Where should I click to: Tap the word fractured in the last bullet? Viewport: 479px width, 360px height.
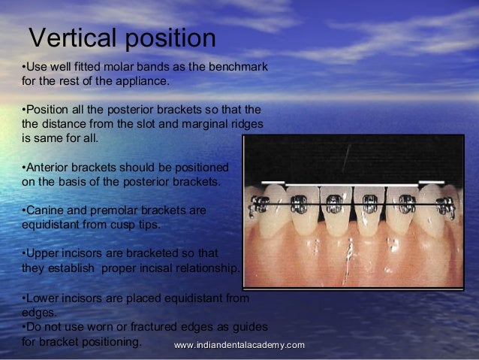click(150, 327)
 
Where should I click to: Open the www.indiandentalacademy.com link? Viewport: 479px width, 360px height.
click(239, 344)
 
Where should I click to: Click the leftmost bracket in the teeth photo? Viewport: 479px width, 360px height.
click(262, 203)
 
